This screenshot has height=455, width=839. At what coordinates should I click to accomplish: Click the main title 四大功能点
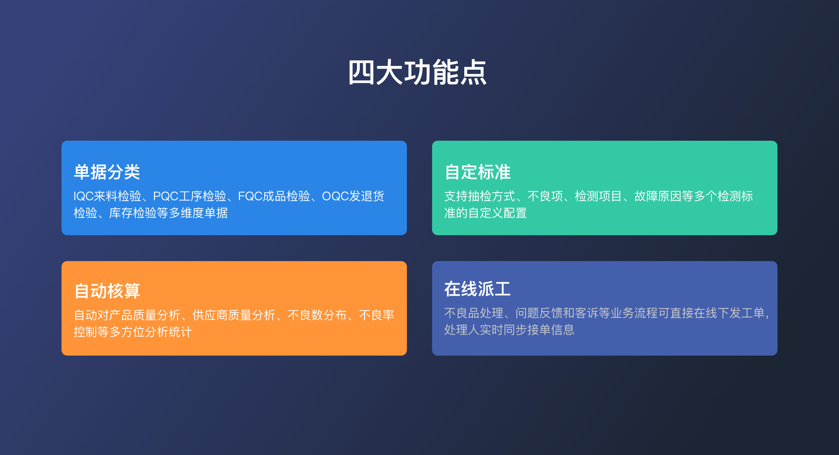coord(417,72)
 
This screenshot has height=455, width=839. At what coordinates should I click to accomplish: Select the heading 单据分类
coord(107,172)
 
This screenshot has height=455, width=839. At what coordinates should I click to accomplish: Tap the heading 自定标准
coord(478,172)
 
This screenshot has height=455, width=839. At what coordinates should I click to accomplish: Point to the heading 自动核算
coord(107,291)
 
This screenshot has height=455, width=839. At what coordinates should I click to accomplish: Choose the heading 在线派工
coord(478,289)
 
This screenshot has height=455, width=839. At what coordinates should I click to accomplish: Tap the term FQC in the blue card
coord(250,196)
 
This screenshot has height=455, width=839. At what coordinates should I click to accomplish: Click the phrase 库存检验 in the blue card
coord(133,213)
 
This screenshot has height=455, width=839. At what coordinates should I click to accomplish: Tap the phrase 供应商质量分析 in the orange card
coord(234,315)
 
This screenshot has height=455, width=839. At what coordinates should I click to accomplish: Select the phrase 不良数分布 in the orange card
coord(317,315)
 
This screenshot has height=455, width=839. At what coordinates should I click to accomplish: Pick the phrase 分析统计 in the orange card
coord(168,332)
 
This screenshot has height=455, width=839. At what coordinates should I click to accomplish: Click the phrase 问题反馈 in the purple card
coord(539,313)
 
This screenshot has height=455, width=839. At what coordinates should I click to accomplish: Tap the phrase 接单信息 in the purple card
coord(551,330)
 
